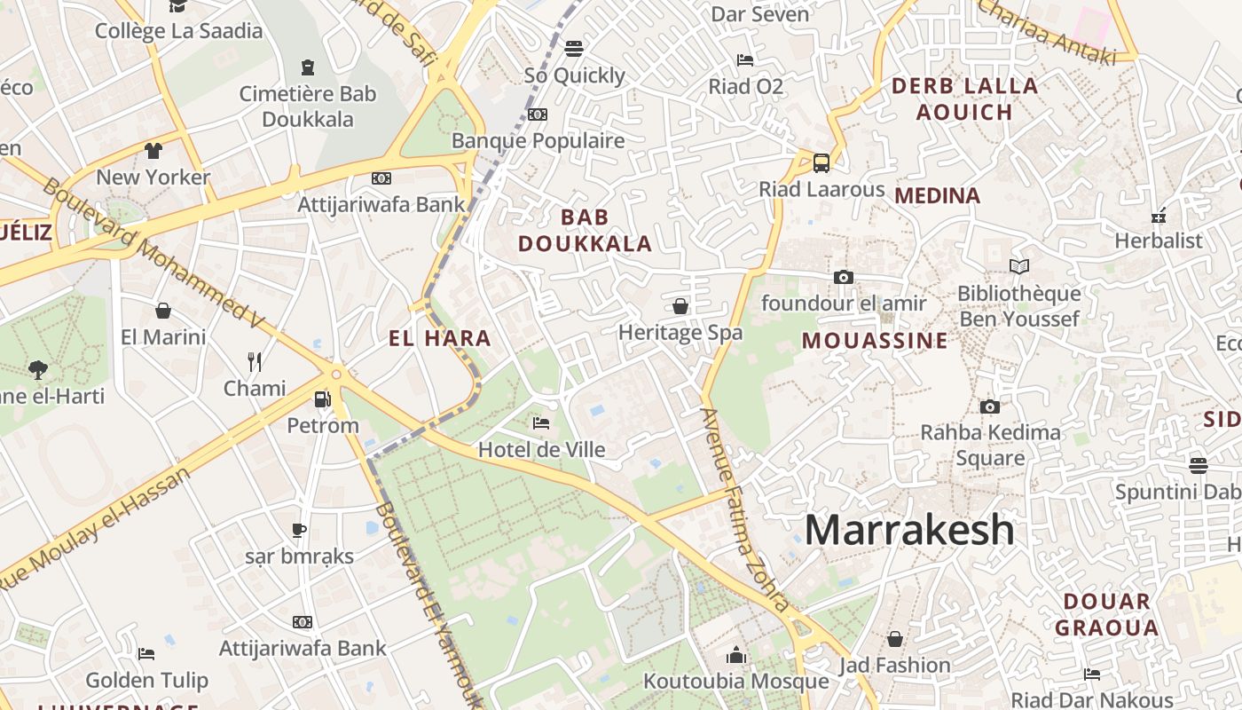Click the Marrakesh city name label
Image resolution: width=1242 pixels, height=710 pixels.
pyautogui.click(x=909, y=530)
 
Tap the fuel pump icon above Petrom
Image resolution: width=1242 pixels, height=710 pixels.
pyautogui.click(x=323, y=400)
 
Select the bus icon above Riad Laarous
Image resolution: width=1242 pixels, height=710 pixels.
pyautogui.click(x=821, y=163)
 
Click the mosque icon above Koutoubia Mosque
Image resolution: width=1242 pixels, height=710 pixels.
pyautogui.click(x=735, y=656)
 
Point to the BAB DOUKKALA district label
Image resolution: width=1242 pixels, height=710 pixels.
pyautogui.click(x=585, y=230)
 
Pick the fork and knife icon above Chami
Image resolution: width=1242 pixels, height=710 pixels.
pyautogui.click(x=255, y=362)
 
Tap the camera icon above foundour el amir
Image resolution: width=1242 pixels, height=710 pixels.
pyautogui.click(x=844, y=278)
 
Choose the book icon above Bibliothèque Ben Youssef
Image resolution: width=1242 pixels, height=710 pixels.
pyautogui.click(x=1019, y=266)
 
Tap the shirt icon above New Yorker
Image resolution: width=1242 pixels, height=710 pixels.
pyautogui.click(x=153, y=151)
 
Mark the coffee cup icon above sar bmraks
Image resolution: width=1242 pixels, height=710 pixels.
pyautogui.click(x=299, y=531)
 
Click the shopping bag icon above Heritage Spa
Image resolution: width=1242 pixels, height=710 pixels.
pyautogui.click(x=680, y=307)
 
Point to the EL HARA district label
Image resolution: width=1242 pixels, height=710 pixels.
pyautogui.click(x=440, y=338)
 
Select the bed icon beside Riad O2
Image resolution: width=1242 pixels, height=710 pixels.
pyautogui.click(x=745, y=60)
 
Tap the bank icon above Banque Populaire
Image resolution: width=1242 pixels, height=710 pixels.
pyautogui.click(x=538, y=114)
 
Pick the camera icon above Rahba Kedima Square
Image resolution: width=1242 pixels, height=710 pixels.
pyautogui.click(x=990, y=407)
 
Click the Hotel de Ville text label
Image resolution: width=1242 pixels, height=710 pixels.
pyautogui.click(x=542, y=450)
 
